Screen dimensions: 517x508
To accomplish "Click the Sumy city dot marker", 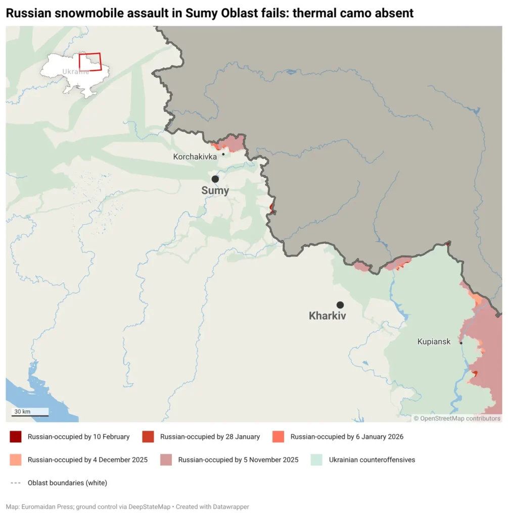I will (215, 179).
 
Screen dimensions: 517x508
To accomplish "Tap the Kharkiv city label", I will (328, 316).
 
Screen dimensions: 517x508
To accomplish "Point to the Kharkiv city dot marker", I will (340, 305).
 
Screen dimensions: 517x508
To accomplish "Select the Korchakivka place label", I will (195, 157).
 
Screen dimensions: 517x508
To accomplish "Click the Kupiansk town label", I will (434, 342).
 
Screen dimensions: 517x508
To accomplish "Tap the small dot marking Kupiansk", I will (461, 343).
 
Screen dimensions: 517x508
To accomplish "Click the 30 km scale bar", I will (30, 415).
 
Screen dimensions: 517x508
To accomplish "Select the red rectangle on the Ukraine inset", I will (90, 62).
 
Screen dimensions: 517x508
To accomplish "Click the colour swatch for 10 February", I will (16, 437).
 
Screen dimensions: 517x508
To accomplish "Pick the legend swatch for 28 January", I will (148, 437).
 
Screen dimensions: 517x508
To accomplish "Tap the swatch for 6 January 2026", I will (278, 437).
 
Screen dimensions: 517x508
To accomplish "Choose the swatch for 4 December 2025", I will (16, 460).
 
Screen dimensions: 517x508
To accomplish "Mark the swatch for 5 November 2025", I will (166, 460).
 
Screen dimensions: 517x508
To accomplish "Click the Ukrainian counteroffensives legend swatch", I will (316, 460).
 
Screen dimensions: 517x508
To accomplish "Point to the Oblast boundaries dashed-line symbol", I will (16, 483).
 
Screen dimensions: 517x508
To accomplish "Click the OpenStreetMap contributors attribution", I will (457, 418).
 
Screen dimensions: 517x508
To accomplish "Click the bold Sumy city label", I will (215, 191).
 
